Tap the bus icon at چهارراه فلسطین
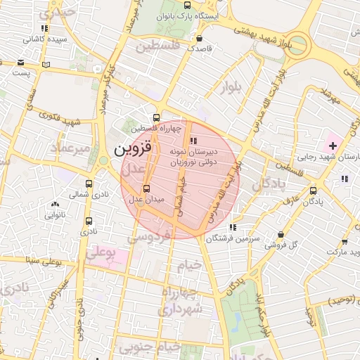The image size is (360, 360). tap(156, 117)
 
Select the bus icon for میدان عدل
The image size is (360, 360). tap(146, 188)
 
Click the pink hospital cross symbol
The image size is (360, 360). tap(332, 146)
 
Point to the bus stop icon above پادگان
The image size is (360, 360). tap(313, 190)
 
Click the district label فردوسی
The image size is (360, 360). tap(150, 236)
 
